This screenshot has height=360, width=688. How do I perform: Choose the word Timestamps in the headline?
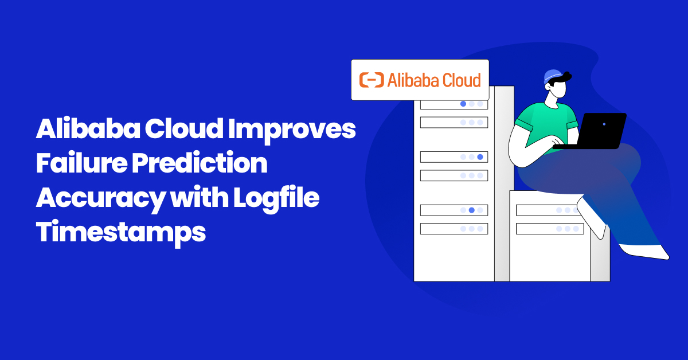tap(120, 233)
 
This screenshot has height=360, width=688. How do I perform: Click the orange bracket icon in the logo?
tap(371, 80)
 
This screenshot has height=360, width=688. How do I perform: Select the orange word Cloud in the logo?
tap(459, 80)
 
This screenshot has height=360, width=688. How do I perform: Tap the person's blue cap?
tap(553, 76)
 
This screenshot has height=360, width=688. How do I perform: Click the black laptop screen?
tap(602, 128)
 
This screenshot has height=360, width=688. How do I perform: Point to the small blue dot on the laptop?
tap(604, 124)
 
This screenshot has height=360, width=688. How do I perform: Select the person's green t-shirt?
tap(545, 123)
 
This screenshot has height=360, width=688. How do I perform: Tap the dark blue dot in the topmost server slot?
tap(463, 104)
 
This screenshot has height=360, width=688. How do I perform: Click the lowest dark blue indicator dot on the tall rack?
tap(471, 210)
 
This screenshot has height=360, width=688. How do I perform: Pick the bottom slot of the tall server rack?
tap(454, 229)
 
